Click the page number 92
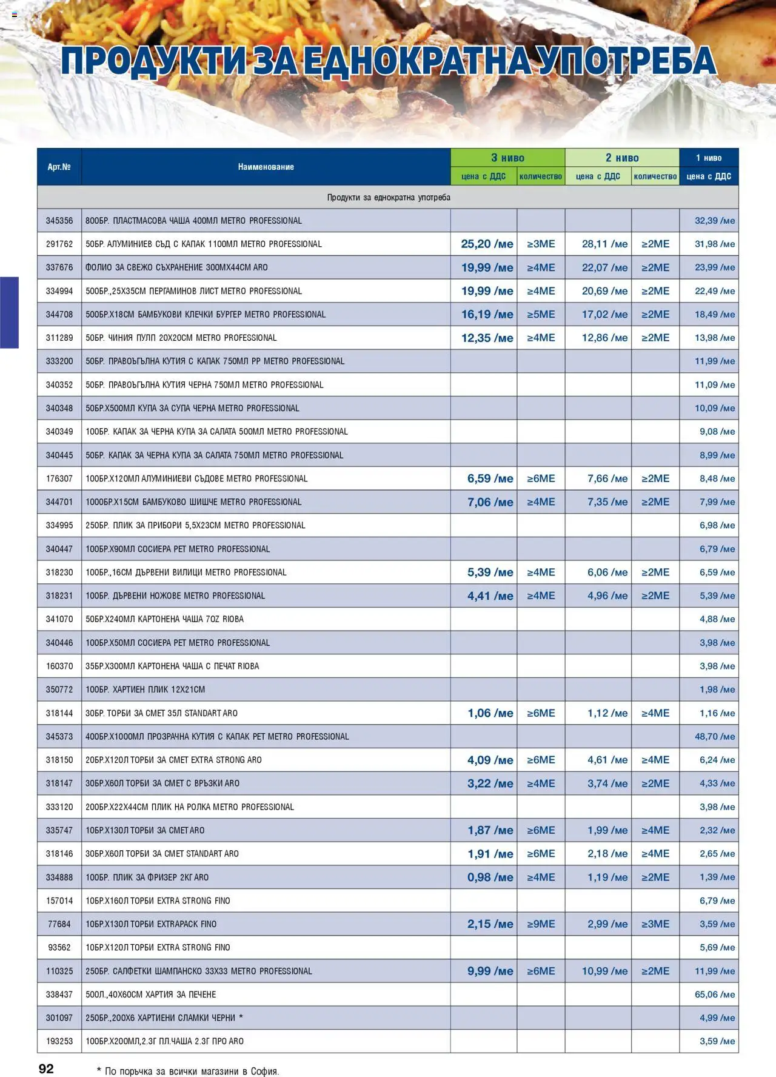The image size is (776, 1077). click(46, 1068)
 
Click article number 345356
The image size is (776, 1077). click(59, 221)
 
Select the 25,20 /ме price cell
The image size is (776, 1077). click(487, 244)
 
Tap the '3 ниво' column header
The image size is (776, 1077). click(507, 158)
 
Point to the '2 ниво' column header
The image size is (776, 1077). click(622, 158)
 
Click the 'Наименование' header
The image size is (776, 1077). click(266, 167)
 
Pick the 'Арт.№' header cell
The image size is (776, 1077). click(59, 167)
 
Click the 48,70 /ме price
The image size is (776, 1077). click(714, 736)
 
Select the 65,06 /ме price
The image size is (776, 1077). click(714, 995)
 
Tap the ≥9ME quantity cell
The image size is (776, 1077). click(541, 924)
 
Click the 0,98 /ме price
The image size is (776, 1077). click(490, 877)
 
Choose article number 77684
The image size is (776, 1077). click(59, 924)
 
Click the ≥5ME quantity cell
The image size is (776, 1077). click(541, 314)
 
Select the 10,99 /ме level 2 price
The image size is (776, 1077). click(604, 971)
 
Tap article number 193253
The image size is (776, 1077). click(59, 1041)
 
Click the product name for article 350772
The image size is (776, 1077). click(145, 689)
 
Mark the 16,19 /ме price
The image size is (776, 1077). click(487, 314)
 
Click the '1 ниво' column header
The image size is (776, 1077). click(709, 158)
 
